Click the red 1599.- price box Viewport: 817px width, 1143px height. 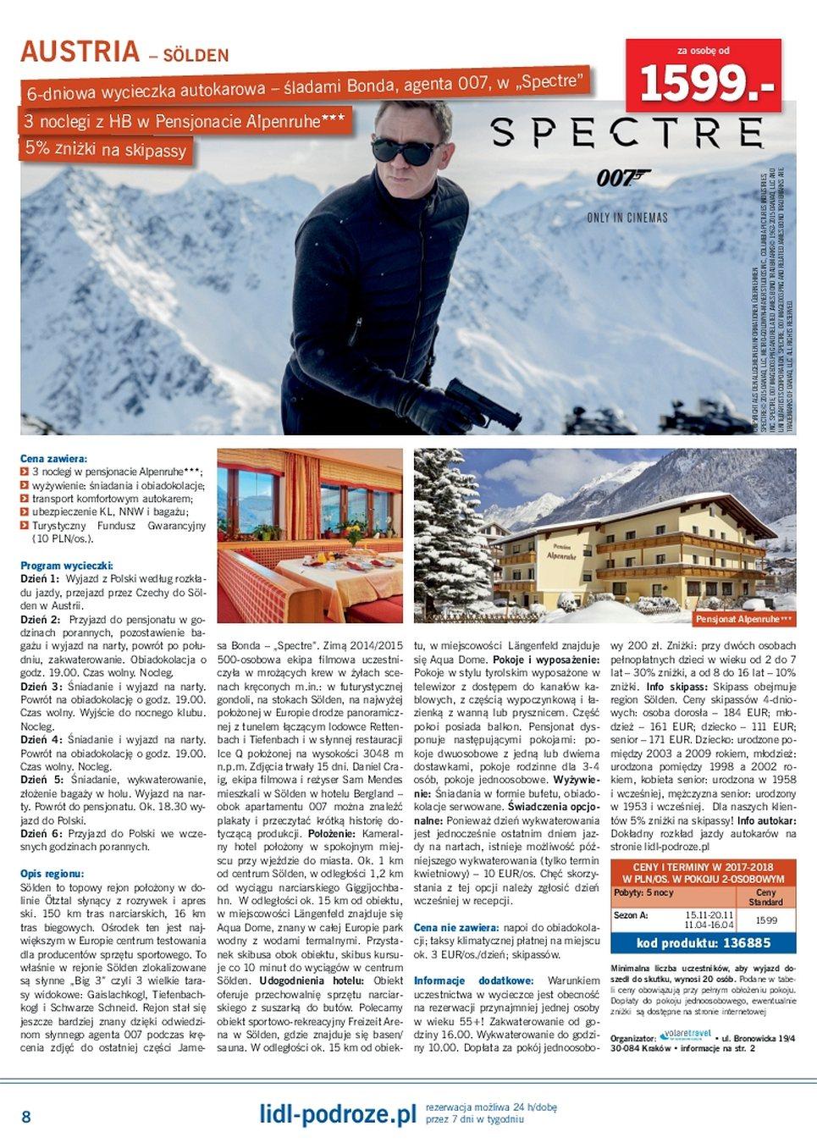[703, 76]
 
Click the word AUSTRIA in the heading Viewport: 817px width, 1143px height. [80, 52]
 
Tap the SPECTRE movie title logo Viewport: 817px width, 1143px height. [627, 134]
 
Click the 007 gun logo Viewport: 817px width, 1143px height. [622, 178]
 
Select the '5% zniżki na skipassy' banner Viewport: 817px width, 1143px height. [106, 149]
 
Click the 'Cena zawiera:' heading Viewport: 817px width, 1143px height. [54, 458]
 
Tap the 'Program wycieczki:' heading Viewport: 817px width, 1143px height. [66, 566]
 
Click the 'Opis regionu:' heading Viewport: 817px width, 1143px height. [52, 873]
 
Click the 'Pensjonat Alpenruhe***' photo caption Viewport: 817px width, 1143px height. [743, 619]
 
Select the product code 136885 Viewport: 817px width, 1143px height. [704, 943]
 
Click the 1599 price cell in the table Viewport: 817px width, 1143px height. [766, 919]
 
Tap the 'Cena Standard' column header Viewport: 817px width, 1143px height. [765, 897]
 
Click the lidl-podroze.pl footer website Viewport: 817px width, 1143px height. [338, 1114]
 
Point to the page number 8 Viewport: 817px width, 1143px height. [26, 1117]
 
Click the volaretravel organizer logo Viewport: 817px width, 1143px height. [687, 1035]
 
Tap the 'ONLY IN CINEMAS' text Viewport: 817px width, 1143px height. [627, 218]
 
